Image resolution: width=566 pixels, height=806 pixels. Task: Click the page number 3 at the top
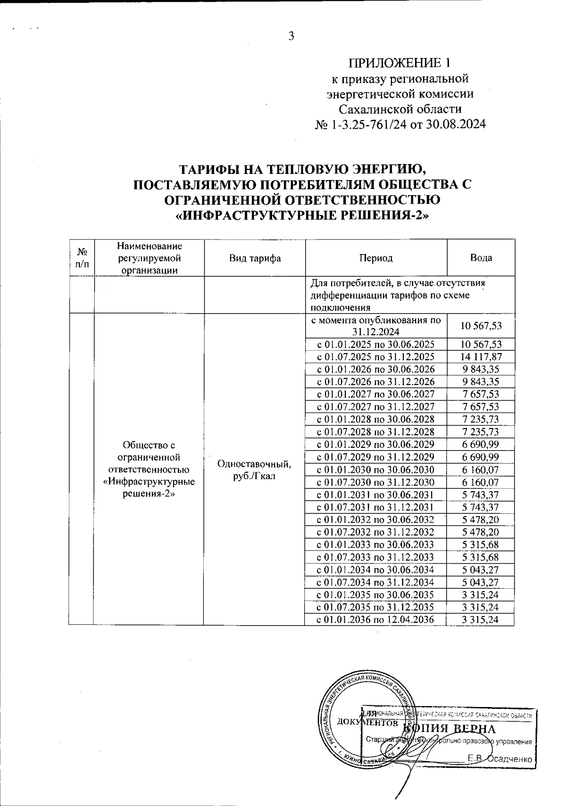click(x=291, y=36)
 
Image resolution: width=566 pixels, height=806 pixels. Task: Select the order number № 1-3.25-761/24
click(x=361, y=125)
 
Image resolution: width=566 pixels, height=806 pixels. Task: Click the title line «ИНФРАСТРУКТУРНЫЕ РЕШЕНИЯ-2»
click(x=302, y=215)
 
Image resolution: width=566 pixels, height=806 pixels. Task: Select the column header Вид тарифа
click(x=255, y=258)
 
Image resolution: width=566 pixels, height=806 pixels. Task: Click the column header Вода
click(x=481, y=258)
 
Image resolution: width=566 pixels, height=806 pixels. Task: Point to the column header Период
click(x=375, y=258)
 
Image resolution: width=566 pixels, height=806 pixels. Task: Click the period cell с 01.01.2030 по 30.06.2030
click(x=375, y=470)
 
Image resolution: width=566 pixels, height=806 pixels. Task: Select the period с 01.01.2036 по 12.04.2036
click(x=375, y=620)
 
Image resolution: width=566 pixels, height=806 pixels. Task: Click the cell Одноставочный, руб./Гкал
click(x=255, y=470)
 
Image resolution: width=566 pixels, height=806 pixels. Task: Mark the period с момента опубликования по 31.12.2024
click(x=375, y=326)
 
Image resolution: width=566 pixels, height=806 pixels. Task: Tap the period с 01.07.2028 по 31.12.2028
click(x=375, y=432)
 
